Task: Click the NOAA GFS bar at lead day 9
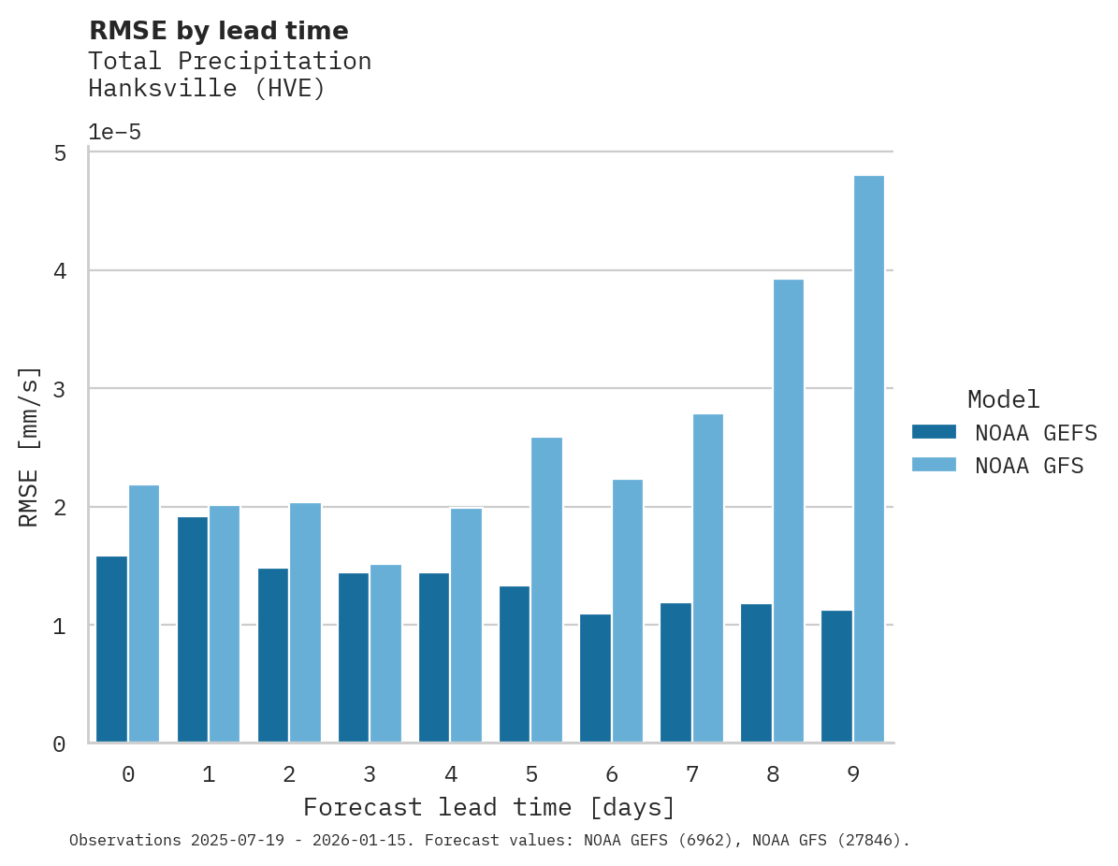tap(869, 459)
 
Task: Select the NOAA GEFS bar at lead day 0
tap(111, 649)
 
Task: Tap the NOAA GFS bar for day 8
tap(789, 511)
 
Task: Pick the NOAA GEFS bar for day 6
tap(595, 678)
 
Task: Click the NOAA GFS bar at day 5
tap(546, 589)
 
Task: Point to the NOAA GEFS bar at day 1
tap(192, 629)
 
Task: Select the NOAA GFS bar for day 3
tap(385, 654)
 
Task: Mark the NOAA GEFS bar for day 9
tap(836, 676)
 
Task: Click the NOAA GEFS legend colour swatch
tap(934, 432)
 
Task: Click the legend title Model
tap(1003, 399)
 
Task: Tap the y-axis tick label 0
tap(59, 744)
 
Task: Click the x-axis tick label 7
tap(692, 774)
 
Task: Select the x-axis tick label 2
tap(289, 774)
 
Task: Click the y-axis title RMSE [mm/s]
tap(29, 447)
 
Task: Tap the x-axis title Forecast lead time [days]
tap(488, 807)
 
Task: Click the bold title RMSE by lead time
tap(218, 31)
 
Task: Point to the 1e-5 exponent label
tap(114, 132)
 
